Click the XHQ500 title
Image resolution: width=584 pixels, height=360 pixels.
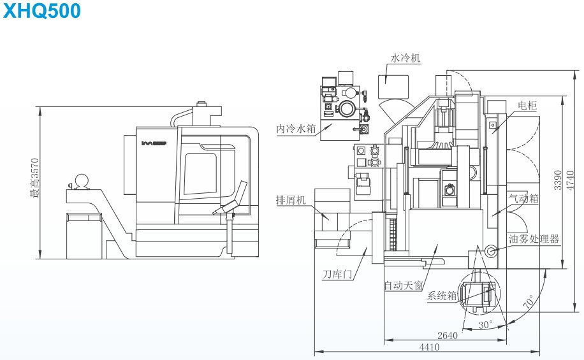pyautogui.click(x=42, y=11)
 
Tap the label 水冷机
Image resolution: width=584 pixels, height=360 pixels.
pyautogui.click(x=405, y=58)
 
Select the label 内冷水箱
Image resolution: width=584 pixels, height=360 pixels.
pyautogui.click(x=296, y=128)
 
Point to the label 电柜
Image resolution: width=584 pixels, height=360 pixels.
pyautogui.click(x=527, y=106)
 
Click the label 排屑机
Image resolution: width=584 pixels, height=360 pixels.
pyautogui.click(x=291, y=199)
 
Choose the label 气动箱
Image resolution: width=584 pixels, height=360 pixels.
pyautogui.click(x=523, y=198)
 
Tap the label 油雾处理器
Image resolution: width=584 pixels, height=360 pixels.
pyautogui.click(x=534, y=239)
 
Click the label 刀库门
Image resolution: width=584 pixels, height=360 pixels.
pyautogui.click(x=337, y=275)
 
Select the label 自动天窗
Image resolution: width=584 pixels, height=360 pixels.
pyautogui.click(x=403, y=285)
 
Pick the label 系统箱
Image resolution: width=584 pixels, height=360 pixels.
pyautogui.click(x=442, y=296)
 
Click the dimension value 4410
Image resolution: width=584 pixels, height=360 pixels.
pyautogui.click(x=429, y=347)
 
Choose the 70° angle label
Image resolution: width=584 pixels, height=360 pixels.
pyautogui.click(x=529, y=303)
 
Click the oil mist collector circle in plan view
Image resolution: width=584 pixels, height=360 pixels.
pyautogui.click(x=490, y=252)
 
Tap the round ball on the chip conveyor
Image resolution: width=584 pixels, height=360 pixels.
pyautogui.click(x=82, y=181)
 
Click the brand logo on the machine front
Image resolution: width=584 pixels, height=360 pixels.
pyautogui.click(x=154, y=142)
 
